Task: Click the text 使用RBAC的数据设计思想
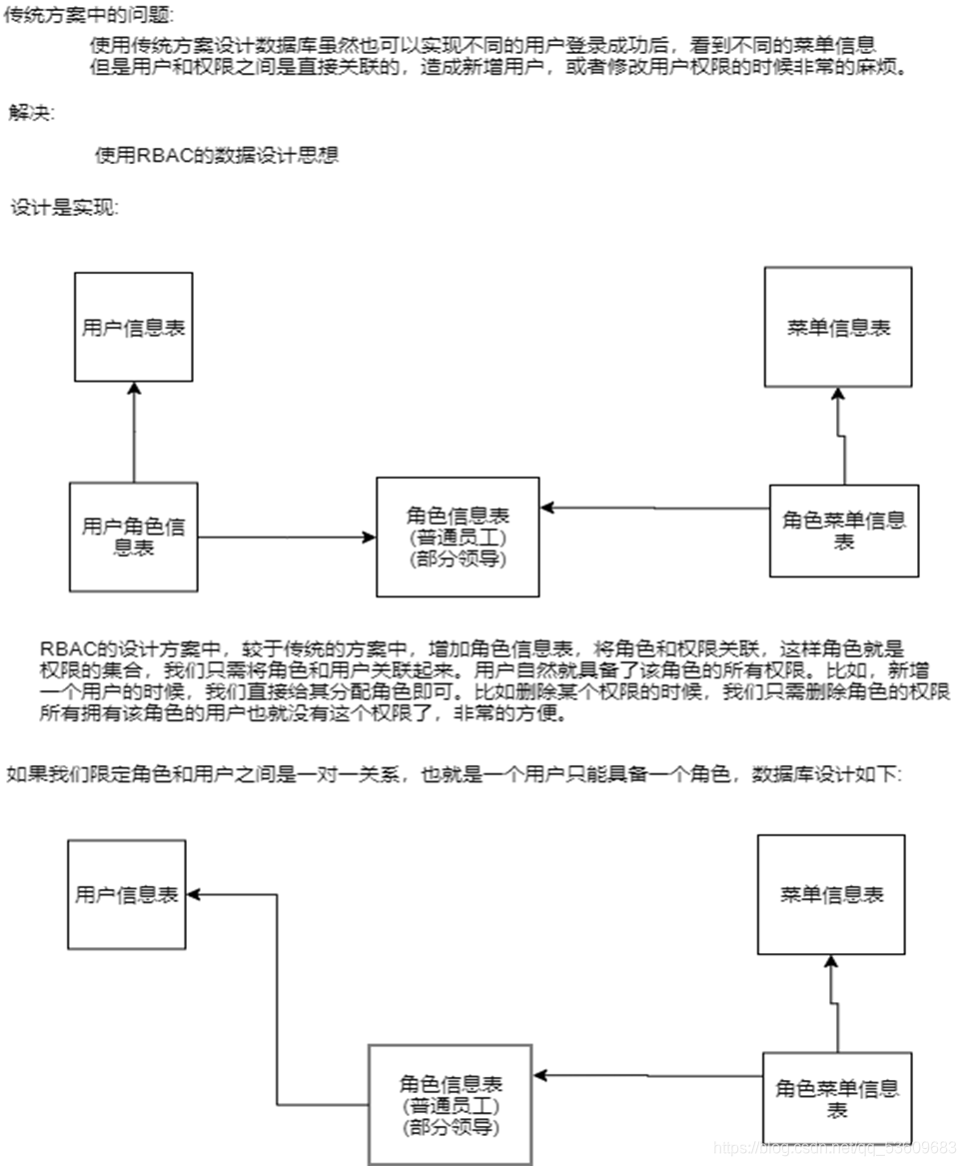point(216,155)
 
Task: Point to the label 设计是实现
point(65,208)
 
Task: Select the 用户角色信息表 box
point(133,536)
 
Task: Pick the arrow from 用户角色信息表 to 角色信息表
point(287,538)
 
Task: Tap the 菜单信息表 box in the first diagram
point(837,327)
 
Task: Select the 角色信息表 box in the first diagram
point(458,536)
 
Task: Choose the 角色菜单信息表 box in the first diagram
point(843,530)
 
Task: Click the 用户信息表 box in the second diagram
point(126,894)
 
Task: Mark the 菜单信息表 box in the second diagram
point(831,894)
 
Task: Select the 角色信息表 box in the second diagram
point(450,1104)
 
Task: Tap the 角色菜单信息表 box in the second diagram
point(837,1097)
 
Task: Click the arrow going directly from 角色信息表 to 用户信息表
point(277,999)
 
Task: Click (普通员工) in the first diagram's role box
point(458,538)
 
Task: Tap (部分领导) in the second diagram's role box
point(450,1127)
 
